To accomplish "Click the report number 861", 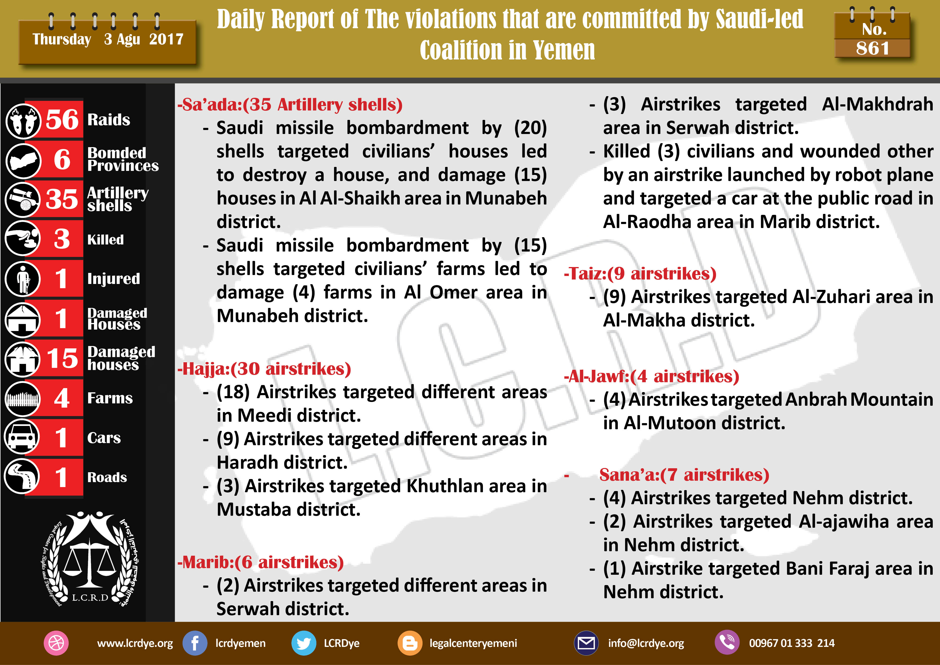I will coord(872,48).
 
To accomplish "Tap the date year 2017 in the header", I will coord(166,39).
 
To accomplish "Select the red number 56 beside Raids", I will coord(62,119).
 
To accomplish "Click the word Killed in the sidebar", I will coord(105,240).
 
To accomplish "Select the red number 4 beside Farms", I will coord(62,398).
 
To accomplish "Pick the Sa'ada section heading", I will coord(290,105).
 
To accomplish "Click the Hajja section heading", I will coord(264,369).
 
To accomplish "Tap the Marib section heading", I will coord(260,562).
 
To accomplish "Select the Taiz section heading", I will coord(640,274).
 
